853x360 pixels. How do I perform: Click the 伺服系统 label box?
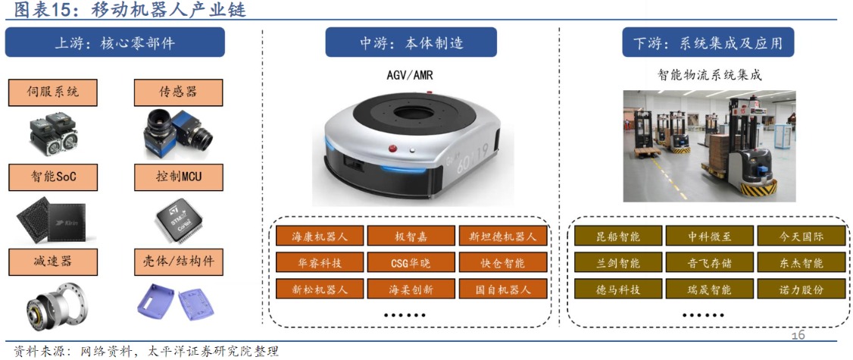pos(53,93)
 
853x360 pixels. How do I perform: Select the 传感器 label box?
pos(178,93)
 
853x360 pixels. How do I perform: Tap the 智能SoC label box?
pos(53,178)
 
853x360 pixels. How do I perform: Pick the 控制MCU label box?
pos(178,178)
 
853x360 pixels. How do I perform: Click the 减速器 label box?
pos(53,262)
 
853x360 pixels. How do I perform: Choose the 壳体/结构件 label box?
pos(178,262)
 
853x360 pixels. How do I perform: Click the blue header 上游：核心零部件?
pos(114,43)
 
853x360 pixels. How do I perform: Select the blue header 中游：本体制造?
pos(411,43)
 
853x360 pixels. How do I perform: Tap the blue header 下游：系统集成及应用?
pos(707,43)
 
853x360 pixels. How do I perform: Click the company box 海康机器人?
pos(320,236)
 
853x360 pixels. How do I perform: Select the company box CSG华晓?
pos(411,263)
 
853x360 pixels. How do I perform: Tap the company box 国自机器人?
pos(503,290)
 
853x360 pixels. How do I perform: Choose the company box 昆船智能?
pos(618,236)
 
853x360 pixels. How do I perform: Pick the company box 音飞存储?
pos(709,263)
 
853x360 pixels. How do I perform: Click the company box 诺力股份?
pos(801,290)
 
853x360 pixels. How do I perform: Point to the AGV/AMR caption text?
pos(410,75)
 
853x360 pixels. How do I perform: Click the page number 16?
pos(798,335)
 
